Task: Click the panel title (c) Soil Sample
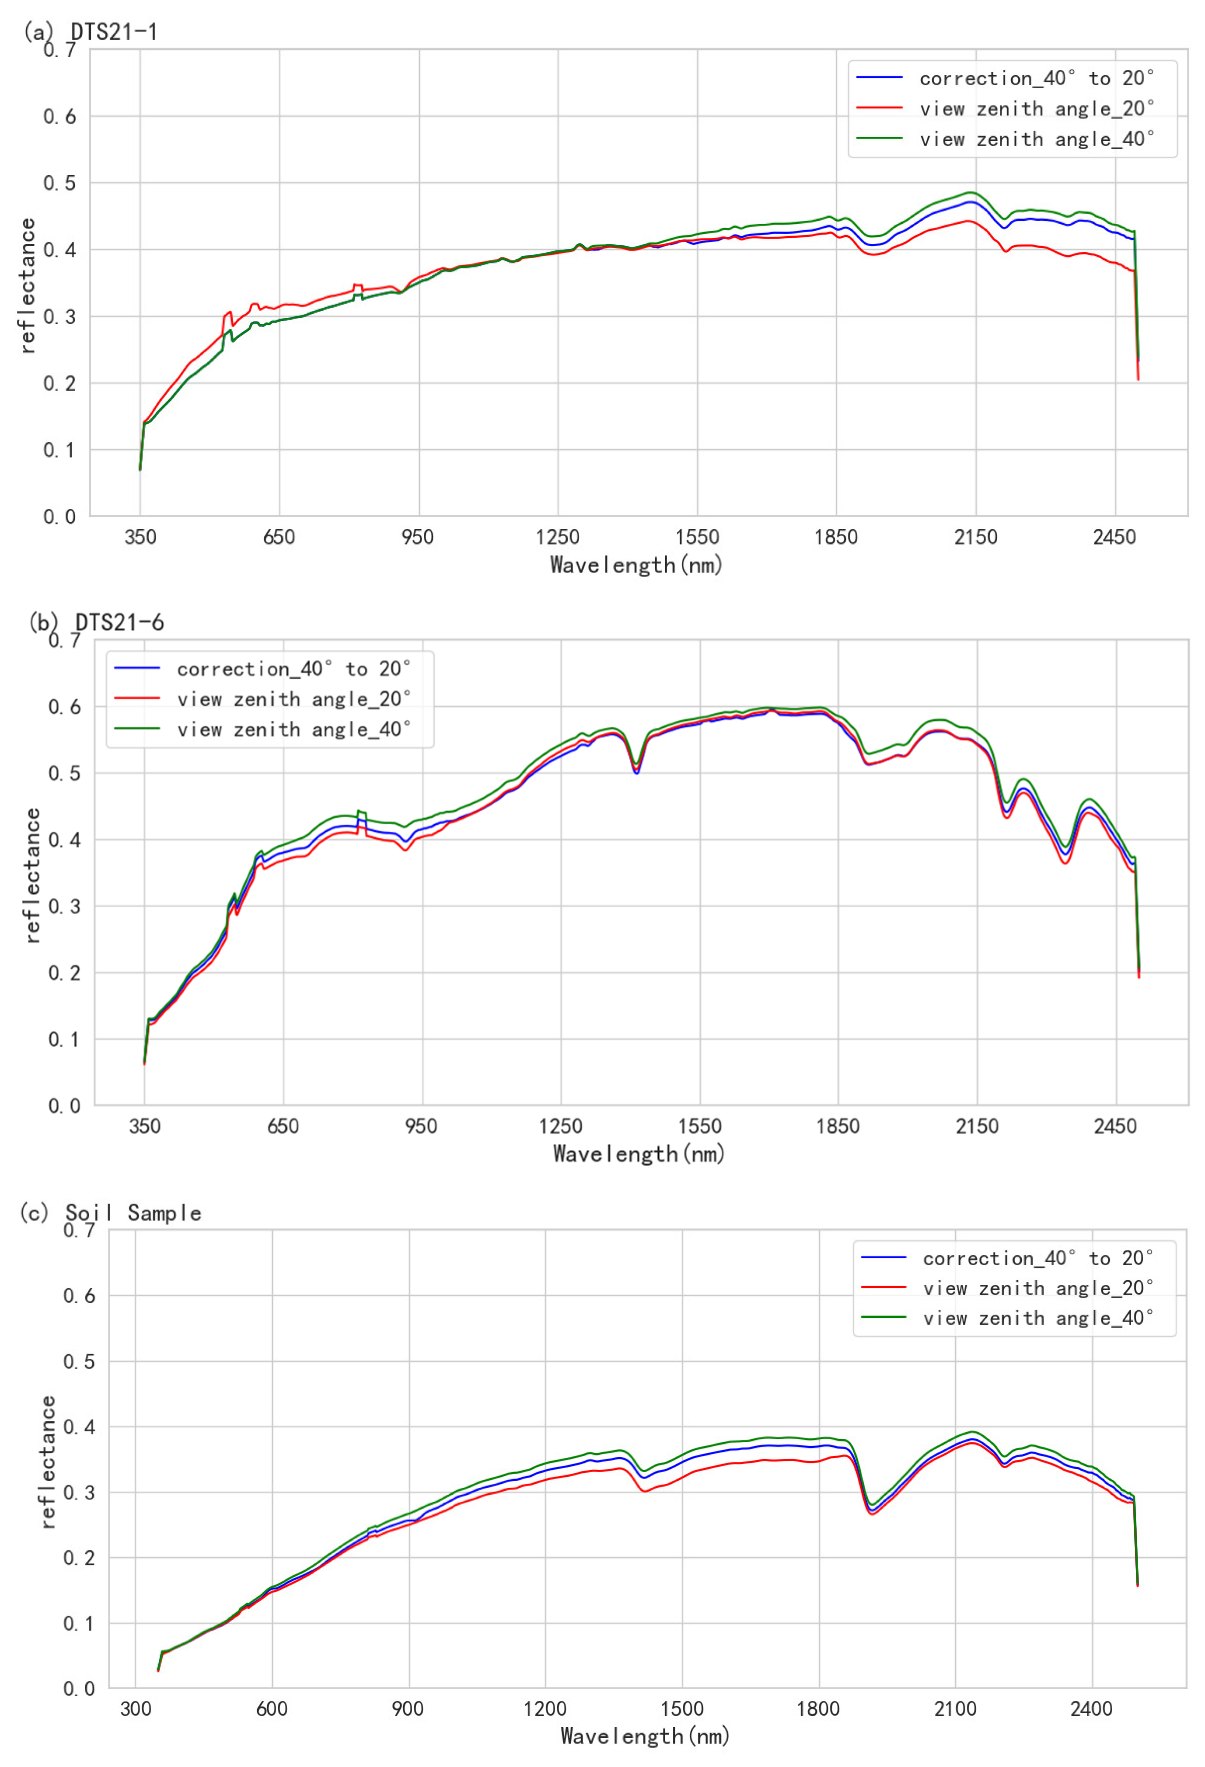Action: [110, 1213]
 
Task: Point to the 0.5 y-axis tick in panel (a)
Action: [59, 183]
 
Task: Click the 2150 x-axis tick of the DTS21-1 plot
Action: [975, 538]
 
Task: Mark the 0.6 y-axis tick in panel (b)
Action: [64, 707]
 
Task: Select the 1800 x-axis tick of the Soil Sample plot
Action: [818, 1708]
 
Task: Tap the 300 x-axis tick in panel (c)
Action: [136, 1708]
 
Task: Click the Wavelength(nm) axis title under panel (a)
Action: [636, 565]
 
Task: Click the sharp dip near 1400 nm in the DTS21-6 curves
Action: [636, 770]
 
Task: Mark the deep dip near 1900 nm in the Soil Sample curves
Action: [872, 1511]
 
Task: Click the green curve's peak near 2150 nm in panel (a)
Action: [970, 193]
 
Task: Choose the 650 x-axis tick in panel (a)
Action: [279, 538]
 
